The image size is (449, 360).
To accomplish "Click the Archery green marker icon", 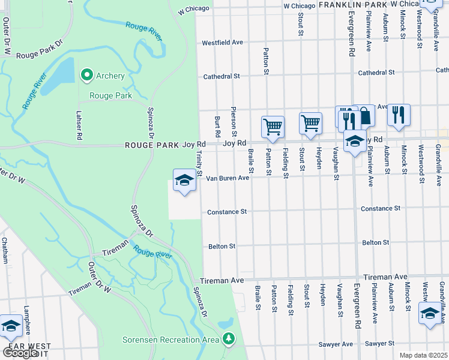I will pyautogui.click(x=86, y=75).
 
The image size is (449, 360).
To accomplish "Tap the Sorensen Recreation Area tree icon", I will pyautogui.click(x=228, y=340).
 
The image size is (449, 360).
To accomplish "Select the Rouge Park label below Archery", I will pyautogui.click(x=110, y=96).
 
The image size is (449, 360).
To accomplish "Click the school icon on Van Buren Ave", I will pyautogui.click(x=184, y=180).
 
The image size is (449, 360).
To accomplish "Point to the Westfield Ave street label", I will pyautogui.click(x=222, y=43).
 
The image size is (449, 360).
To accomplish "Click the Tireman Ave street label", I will pyautogui.click(x=221, y=280).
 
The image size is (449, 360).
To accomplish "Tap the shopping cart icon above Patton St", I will pyautogui.click(x=273, y=127).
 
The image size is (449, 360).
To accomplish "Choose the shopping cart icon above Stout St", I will pyautogui.click(x=310, y=124).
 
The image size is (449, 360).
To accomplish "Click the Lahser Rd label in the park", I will pyautogui.click(x=78, y=127).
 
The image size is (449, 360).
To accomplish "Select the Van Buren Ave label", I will pyautogui.click(x=228, y=178).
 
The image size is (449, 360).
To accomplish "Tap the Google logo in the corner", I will pyautogui.click(x=20, y=353).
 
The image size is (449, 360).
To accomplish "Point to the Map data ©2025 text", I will pyautogui.click(x=423, y=355).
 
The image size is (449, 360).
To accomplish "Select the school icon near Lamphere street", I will pyautogui.click(x=11, y=326).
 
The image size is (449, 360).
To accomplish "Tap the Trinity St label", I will pyautogui.click(x=199, y=163).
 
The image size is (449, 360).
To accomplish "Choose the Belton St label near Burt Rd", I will pyautogui.click(x=221, y=246).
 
